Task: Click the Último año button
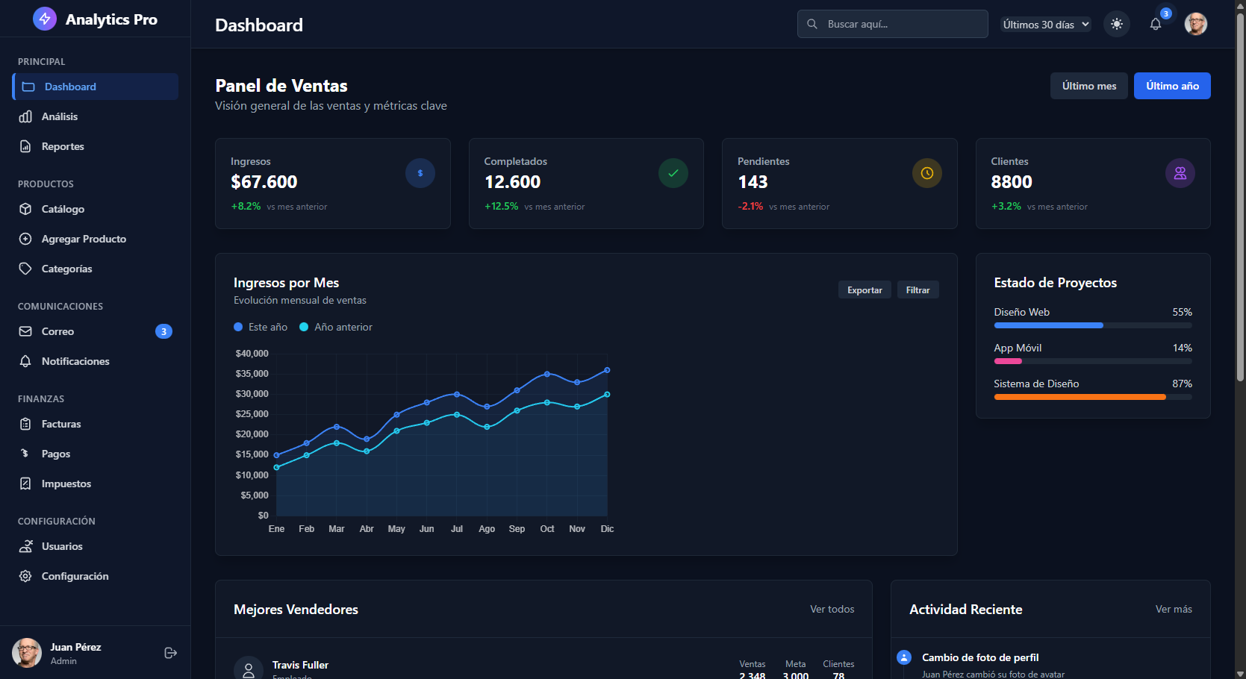[1171, 86]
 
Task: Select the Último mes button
[1088, 86]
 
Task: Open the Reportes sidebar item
[63, 146]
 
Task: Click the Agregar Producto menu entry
[84, 239]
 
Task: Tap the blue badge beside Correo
[163, 331]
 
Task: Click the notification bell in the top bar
[1155, 24]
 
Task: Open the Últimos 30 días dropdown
[1045, 25]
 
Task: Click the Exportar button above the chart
[864, 290]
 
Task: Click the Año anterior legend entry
[336, 327]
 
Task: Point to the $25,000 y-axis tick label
[252, 414]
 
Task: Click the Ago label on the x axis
[487, 529]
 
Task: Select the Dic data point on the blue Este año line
[607, 370]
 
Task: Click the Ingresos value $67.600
[264, 182]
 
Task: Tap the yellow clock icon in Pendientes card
[926, 173]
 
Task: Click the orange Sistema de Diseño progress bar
[1080, 397]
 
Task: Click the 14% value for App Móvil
[1182, 348]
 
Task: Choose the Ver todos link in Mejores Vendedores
[832, 610]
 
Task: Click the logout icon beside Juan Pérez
[170, 653]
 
